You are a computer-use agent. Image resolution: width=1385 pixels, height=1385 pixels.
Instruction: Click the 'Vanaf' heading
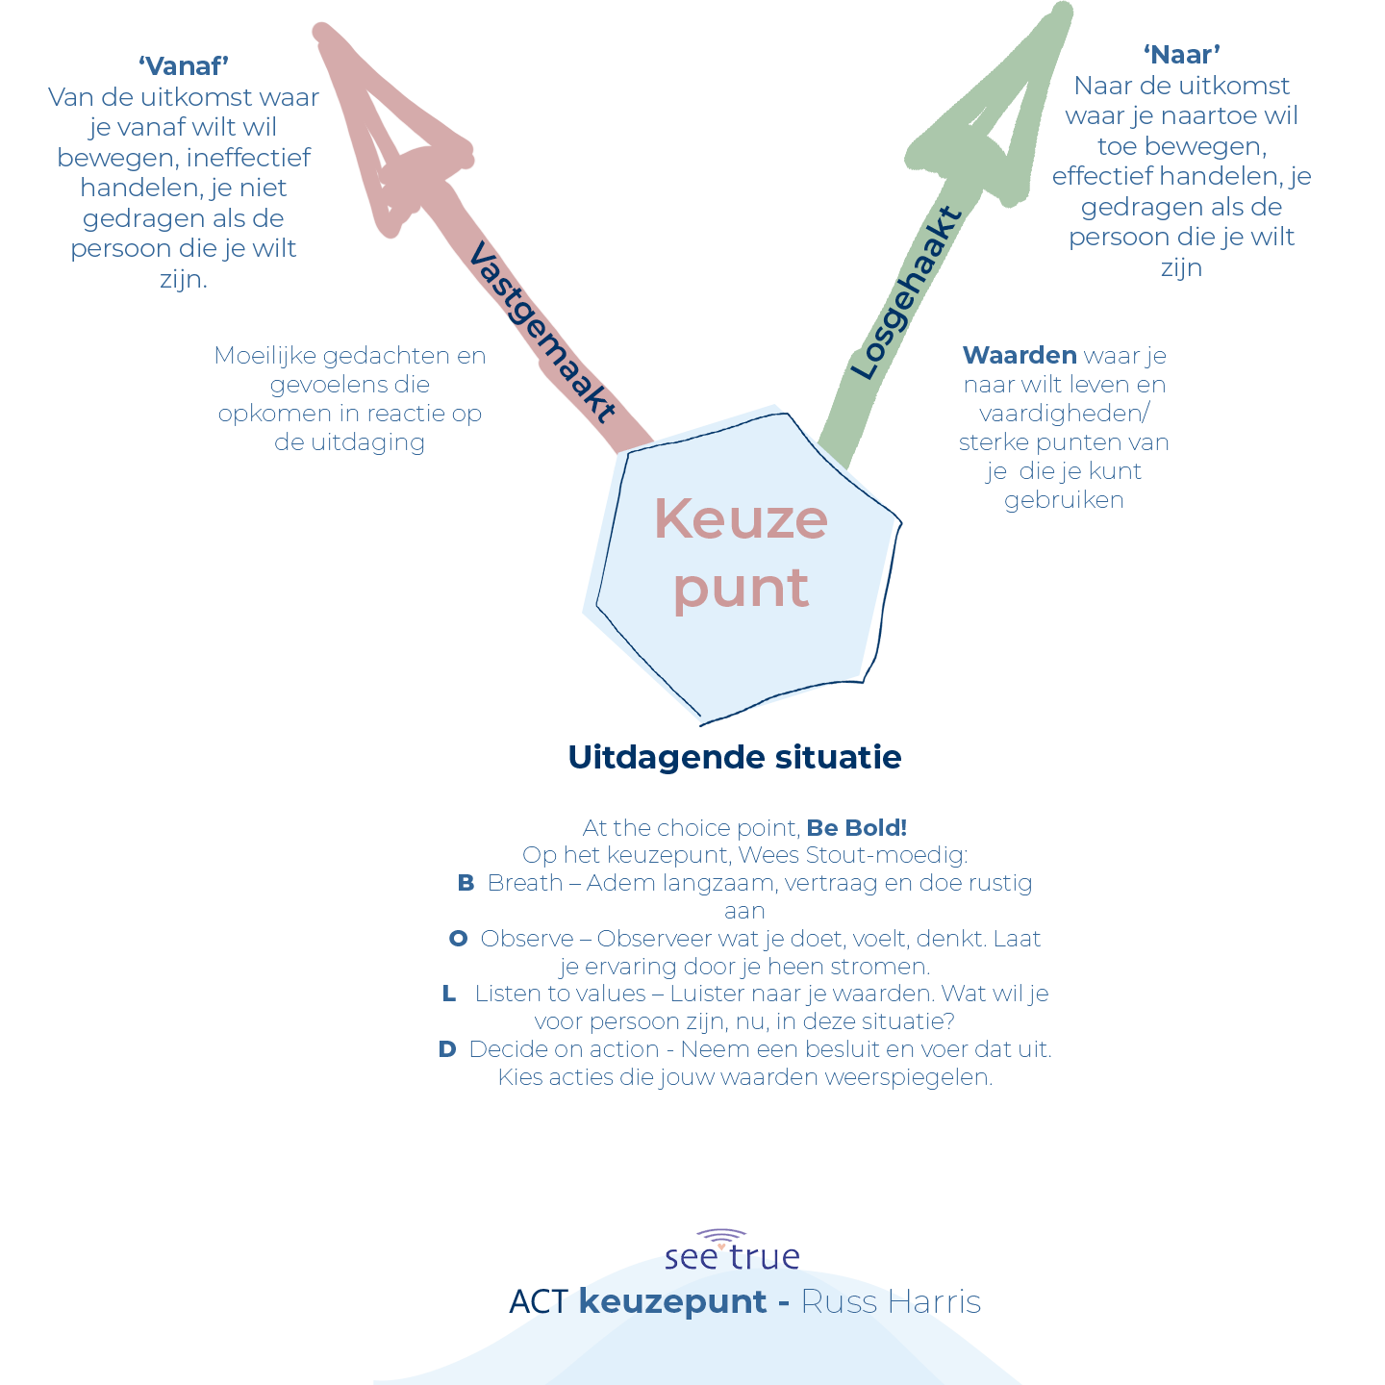(x=183, y=66)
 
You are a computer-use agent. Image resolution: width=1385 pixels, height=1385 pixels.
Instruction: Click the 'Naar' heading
(x=1181, y=55)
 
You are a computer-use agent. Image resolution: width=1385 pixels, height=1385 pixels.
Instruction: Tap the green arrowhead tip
(x=1062, y=12)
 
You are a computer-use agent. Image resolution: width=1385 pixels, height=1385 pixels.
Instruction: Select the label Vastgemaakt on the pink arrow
(x=541, y=333)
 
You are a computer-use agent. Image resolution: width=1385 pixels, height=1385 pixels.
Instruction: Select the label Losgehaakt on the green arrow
(x=906, y=293)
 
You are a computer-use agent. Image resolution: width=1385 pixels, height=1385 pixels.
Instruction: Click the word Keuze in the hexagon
(x=741, y=519)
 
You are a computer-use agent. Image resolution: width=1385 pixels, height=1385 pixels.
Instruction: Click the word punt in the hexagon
(x=741, y=589)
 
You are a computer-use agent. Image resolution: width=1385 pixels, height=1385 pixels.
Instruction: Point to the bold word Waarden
(x=1020, y=356)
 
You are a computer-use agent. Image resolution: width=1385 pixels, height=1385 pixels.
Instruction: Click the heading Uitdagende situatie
(x=735, y=758)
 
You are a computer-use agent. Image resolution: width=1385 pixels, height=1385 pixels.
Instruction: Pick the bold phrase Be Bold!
(x=856, y=828)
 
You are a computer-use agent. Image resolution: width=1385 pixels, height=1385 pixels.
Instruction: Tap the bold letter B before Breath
(x=466, y=883)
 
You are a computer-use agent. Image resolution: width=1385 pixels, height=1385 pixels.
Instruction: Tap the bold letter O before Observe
(x=459, y=939)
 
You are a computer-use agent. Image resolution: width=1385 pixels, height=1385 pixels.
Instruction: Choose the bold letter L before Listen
(x=449, y=994)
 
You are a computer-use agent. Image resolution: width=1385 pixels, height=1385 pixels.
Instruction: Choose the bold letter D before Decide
(x=447, y=1049)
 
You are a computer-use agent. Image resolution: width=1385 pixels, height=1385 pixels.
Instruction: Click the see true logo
(x=732, y=1250)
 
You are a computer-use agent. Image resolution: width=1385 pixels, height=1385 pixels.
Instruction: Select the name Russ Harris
(x=891, y=1302)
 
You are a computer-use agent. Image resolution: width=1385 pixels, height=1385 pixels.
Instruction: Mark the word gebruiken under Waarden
(x=1064, y=500)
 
